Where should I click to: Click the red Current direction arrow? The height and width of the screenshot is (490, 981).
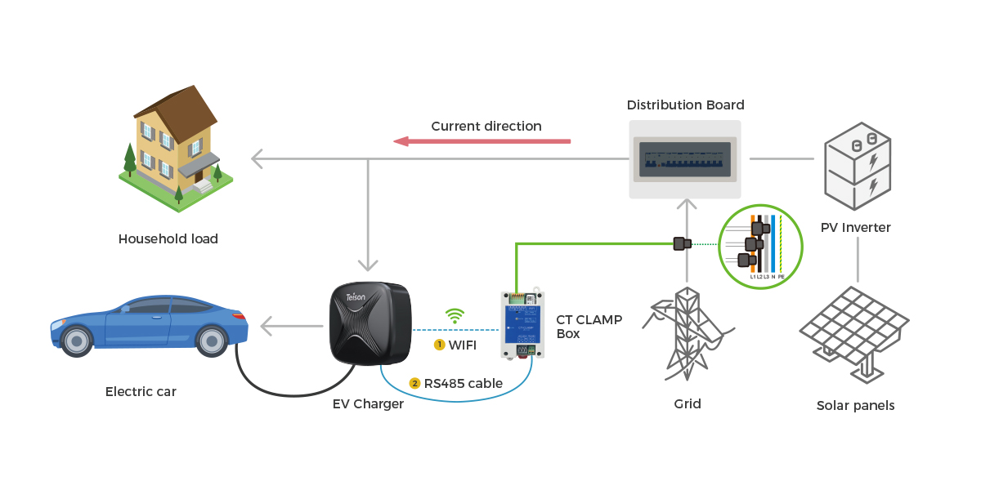[482, 141]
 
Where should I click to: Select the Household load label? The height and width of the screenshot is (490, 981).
[168, 239]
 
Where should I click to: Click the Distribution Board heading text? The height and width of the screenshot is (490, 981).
[685, 105]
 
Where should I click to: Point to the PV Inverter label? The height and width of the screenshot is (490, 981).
[856, 228]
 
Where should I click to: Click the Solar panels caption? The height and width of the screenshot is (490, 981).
[855, 406]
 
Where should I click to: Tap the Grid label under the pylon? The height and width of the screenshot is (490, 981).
[688, 403]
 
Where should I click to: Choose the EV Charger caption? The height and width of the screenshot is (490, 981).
[368, 403]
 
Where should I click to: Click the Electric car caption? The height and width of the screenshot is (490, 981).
[141, 392]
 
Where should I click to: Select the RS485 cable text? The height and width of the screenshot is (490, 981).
[463, 383]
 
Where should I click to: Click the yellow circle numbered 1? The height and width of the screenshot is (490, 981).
[439, 345]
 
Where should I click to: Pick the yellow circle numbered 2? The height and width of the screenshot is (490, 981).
[414, 383]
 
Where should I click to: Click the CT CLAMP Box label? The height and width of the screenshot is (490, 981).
[589, 327]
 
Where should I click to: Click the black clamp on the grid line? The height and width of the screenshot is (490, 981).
[681, 243]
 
